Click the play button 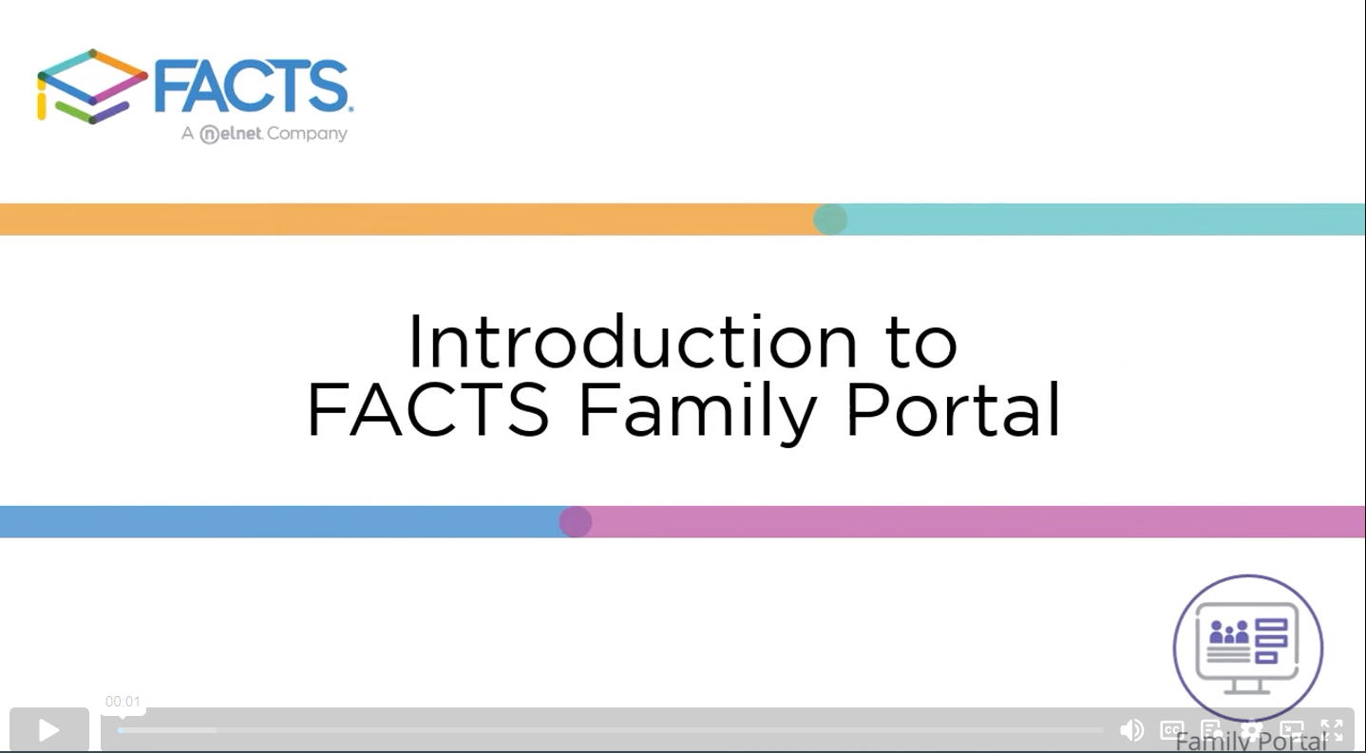[x=48, y=730]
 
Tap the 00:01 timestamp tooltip [x=123, y=702]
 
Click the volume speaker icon [x=1131, y=730]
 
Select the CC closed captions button [x=1171, y=730]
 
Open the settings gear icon [x=1251, y=730]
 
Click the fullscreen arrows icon [x=1332, y=730]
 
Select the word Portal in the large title [x=953, y=407]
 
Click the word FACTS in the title [x=428, y=408]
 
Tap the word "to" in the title [x=921, y=344]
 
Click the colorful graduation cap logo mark [x=92, y=86]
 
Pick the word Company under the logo [x=308, y=134]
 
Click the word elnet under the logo [x=240, y=133]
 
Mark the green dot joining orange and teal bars [x=830, y=219]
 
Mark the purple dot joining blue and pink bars [x=575, y=521]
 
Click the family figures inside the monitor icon [x=1229, y=632]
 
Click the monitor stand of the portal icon [x=1247, y=687]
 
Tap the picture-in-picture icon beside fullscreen [x=1292, y=730]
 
